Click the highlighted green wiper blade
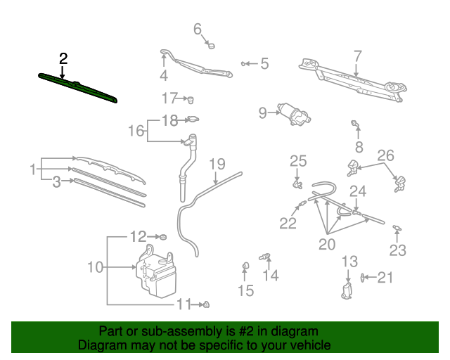pyautogui.click(x=77, y=88)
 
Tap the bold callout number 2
pyautogui.click(x=63, y=58)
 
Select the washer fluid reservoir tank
pyautogui.click(x=156, y=271)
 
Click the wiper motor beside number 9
pyautogui.click(x=294, y=115)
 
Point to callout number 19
pyautogui.click(x=217, y=164)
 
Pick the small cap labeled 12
pyautogui.click(x=163, y=237)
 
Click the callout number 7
pyautogui.click(x=358, y=56)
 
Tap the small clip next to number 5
pyautogui.click(x=244, y=64)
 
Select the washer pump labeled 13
pyautogui.click(x=347, y=291)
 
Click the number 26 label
pyautogui.click(x=386, y=155)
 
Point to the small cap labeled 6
pyautogui.click(x=211, y=46)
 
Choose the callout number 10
pyautogui.click(x=95, y=267)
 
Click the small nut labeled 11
pyautogui.click(x=206, y=304)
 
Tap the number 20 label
pyautogui.click(x=327, y=244)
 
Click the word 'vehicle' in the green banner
pyautogui.click(x=309, y=345)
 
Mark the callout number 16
pyautogui.click(x=136, y=131)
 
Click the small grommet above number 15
pyautogui.click(x=245, y=266)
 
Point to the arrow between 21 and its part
pyautogui.click(x=371, y=277)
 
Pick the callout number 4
pyautogui.click(x=164, y=75)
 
